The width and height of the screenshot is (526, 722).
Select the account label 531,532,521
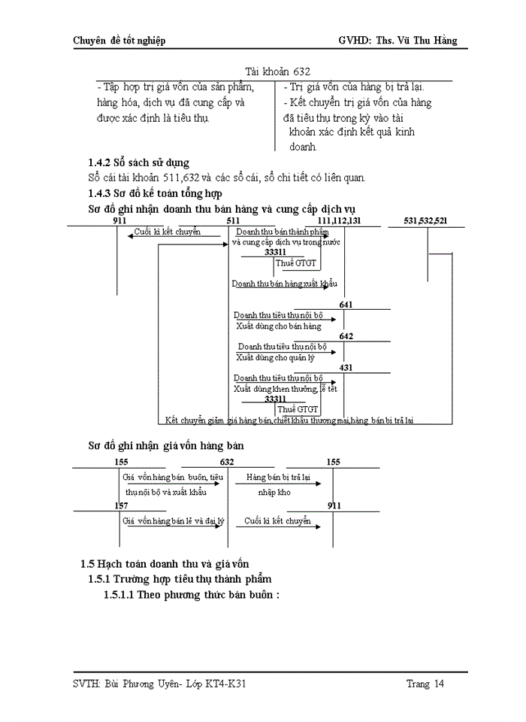425,220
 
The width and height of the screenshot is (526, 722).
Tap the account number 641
346,305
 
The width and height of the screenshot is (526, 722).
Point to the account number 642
346,336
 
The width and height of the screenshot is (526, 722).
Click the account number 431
346,368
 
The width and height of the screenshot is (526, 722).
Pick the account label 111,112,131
340,220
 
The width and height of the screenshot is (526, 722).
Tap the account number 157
121,506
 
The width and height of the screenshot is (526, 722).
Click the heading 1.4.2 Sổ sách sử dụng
139,162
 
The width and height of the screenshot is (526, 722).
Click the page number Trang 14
425,684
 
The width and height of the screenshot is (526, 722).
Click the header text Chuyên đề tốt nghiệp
119,41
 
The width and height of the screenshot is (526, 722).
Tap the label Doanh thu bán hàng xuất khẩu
284,284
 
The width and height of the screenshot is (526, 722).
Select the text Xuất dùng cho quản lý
275,357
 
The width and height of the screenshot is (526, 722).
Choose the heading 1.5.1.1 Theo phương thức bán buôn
192,594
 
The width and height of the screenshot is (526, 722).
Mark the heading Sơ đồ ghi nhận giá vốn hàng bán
165,445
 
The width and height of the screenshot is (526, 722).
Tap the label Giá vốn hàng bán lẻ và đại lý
174,520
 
